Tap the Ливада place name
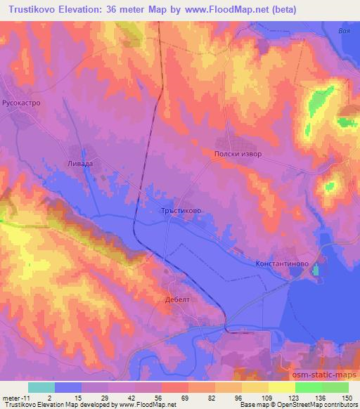[x=80, y=162]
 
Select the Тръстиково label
[x=182, y=209]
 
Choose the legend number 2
[x=49, y=398]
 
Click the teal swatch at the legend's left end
[x=41, y=387]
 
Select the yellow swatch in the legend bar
[x=281, y=387]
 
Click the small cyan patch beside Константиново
[x=316, y=270]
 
